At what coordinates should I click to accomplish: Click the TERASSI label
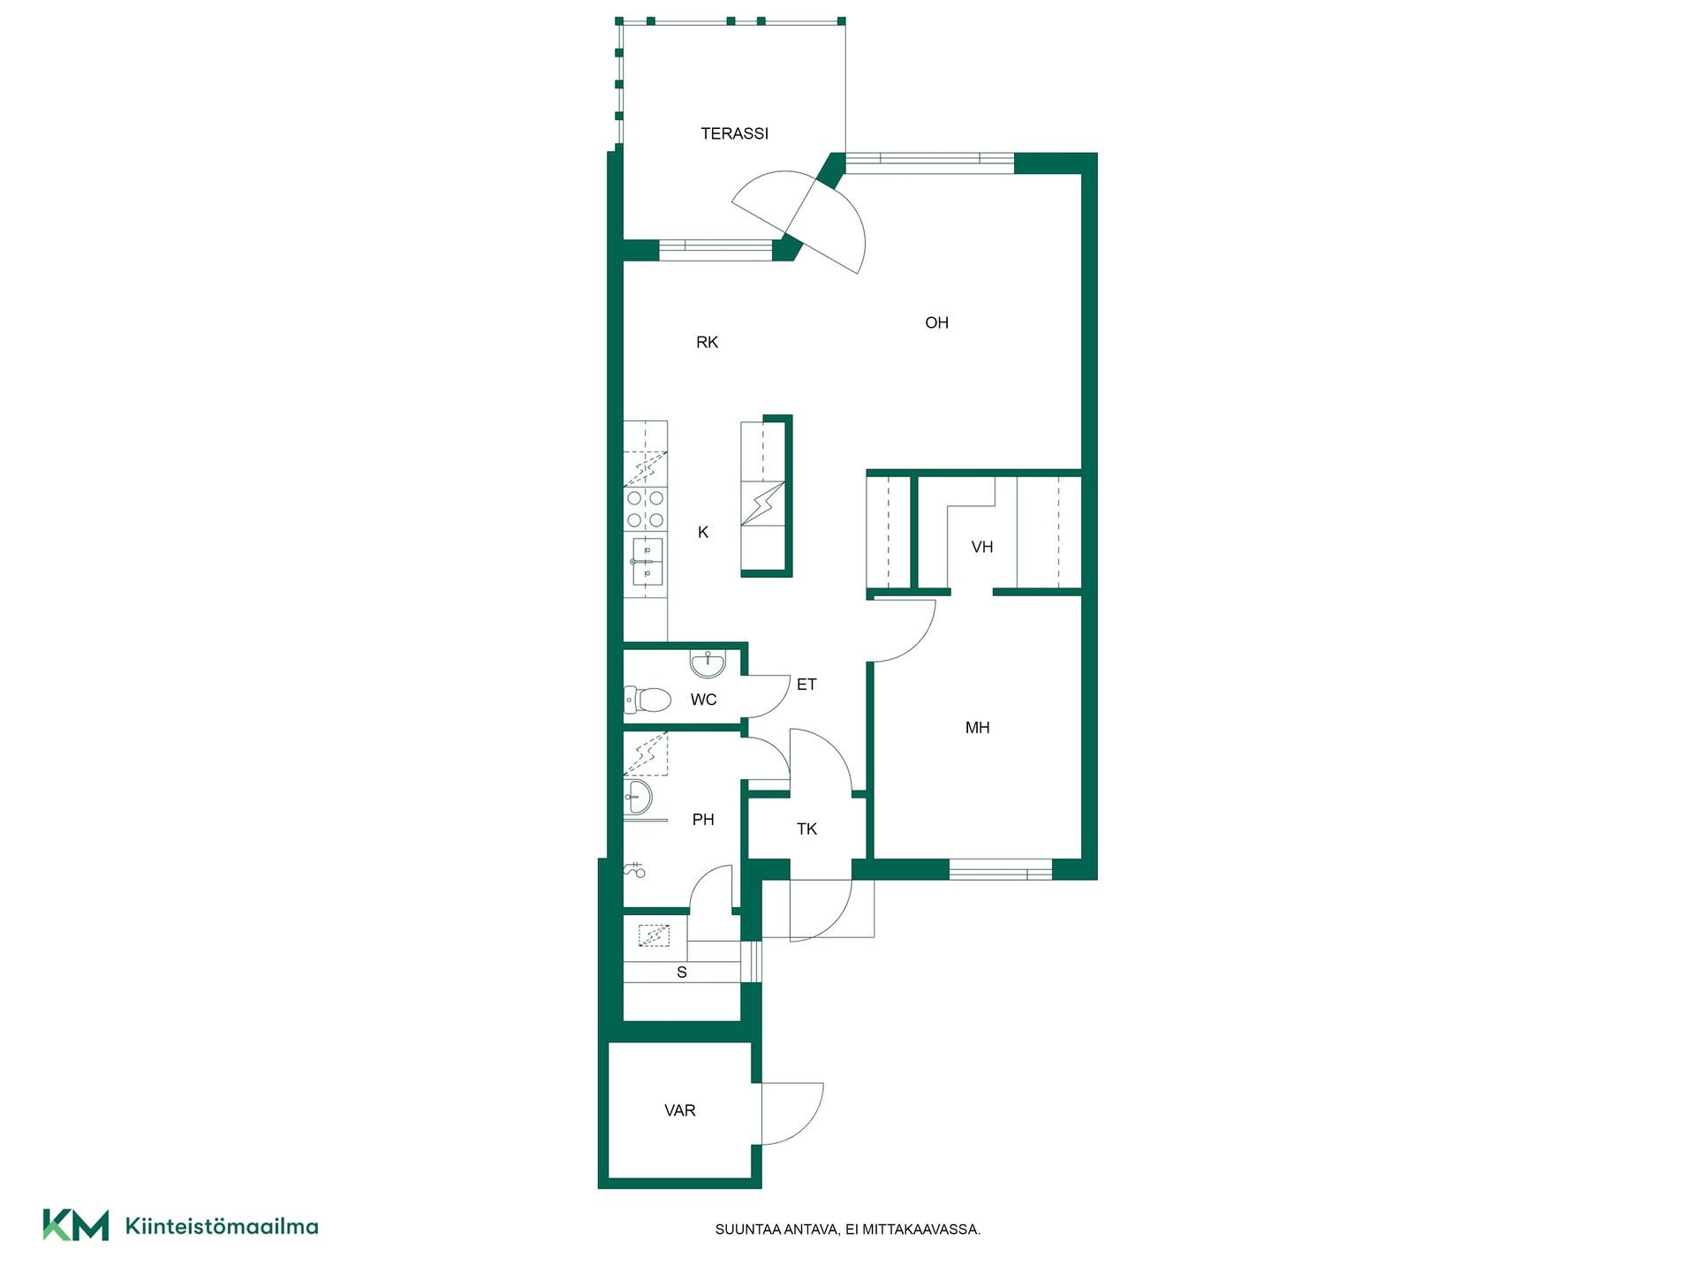point(734,133)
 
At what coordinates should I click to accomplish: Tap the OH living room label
point(936,323)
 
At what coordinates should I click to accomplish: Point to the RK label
point(707,343)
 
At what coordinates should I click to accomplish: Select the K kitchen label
point(703,532)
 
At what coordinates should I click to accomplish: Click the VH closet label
point(982,548)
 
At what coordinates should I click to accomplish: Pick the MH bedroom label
point(977,728)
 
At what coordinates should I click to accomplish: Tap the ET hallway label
point(806,685)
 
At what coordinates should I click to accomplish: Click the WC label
point(703,700)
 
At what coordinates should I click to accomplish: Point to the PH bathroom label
point(703,820)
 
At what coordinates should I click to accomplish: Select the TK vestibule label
point(806,829)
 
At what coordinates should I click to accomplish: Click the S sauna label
point(682,973)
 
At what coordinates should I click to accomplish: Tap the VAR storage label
point(680,1110)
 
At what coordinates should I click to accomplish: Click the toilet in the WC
point(646,700)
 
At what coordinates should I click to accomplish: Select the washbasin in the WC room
point(708,662)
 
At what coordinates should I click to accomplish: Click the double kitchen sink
point(647,562)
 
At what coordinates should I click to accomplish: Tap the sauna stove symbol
point(655,935)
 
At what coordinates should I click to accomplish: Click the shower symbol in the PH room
point(634,870)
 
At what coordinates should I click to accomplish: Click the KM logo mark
point(76,1225)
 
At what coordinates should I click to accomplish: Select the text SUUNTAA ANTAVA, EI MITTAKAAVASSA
point(848,1230)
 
